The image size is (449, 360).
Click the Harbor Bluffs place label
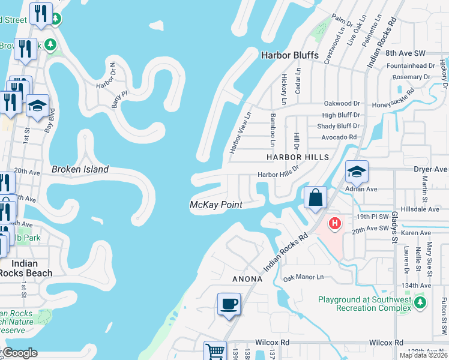click(x=289, y=55)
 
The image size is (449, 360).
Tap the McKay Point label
click(x=216, y=205)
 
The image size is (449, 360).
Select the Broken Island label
click(x=80, y=169)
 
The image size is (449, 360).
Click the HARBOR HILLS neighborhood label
click(x=298, y=157)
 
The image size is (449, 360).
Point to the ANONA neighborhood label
click(x=247, y=279)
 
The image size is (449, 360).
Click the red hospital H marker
click(x=335, y=224)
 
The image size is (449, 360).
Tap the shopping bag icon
click(x=315, y=197)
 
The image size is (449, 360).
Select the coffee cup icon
click(x=228, y=304)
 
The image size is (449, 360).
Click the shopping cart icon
click(x=215, y=351)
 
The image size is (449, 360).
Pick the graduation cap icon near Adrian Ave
click(x=356, y=172)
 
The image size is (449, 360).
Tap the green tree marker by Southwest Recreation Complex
click(x=420, y=301)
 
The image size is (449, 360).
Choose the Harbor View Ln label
click(x=240, y=132)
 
